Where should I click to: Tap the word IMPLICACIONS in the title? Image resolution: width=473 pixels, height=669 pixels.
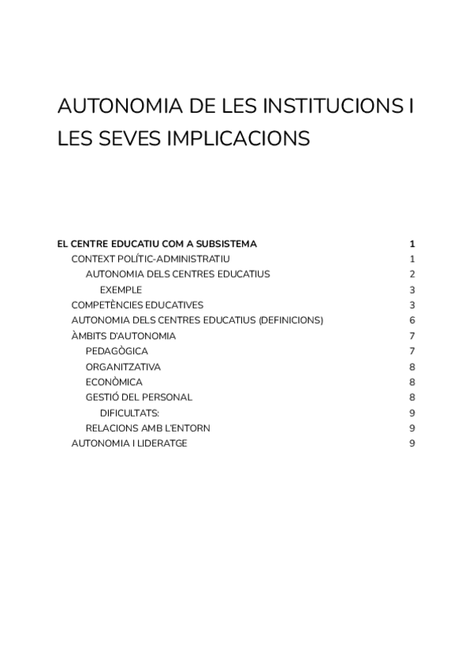click(236, 139)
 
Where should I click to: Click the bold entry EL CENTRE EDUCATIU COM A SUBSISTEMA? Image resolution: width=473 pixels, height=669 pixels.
click(157, 244)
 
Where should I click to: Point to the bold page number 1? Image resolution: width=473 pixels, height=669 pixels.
click(412, 244)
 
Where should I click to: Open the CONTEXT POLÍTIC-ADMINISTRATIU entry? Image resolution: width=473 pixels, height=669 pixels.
click(151, 259)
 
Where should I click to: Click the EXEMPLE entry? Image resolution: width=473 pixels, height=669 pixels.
click(121, 290)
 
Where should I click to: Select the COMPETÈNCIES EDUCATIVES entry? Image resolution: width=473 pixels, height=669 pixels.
click(137, 305)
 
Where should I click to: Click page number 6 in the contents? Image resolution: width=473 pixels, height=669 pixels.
click(412, 320)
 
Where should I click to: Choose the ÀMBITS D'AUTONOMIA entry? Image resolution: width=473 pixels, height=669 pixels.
click(123, 336)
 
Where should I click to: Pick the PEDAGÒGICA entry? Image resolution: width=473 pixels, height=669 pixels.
click(117, 351)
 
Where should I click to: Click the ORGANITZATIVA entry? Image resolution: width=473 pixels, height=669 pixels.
click(123, 367)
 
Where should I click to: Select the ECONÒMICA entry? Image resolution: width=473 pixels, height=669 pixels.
click(114, 382)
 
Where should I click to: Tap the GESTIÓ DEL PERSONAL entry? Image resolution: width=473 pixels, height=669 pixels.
click(139, 398)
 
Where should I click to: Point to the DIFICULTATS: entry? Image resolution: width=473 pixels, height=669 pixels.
click(130, 413)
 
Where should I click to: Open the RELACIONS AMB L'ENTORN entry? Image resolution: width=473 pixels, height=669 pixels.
click(147, 428)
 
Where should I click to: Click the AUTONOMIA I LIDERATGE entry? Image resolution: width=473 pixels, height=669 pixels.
click(129, 443)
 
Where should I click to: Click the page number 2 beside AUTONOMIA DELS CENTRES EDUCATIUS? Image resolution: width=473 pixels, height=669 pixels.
click(412, 275)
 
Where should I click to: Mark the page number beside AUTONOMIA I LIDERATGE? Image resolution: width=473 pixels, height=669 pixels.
click(412, 443)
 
